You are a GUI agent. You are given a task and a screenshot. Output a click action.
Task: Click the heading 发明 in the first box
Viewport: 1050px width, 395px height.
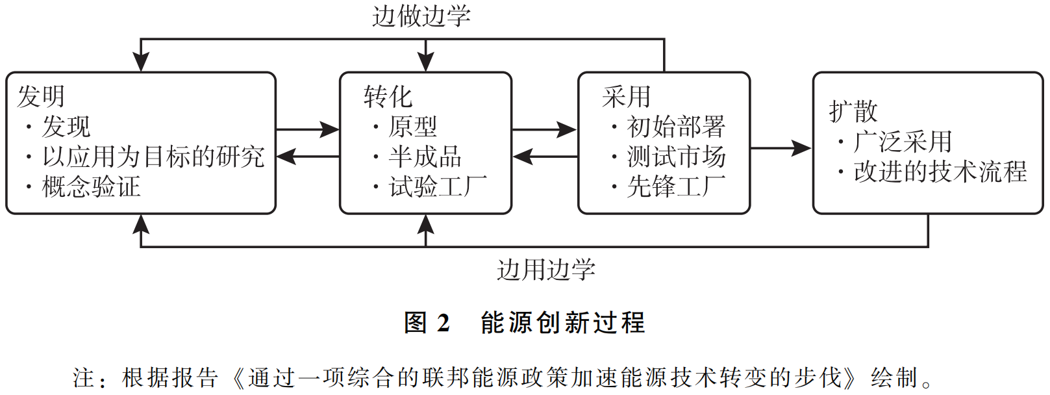point(41,97)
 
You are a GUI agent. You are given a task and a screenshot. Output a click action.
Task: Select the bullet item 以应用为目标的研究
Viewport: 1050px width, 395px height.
point(153,157)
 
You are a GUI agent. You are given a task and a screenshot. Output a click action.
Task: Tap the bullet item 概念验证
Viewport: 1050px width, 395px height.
point(91,187)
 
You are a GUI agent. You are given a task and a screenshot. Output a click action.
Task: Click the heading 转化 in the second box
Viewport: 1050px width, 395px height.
point(388,97)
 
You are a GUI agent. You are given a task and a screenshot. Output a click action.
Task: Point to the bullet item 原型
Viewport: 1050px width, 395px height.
point(413,127)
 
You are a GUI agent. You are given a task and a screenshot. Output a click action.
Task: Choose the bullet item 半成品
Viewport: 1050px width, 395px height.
point(425,157)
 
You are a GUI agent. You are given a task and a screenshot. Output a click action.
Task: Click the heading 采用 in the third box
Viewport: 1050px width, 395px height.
point(626,97)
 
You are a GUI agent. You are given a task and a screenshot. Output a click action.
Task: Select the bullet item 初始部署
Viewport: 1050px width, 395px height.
point(675,127)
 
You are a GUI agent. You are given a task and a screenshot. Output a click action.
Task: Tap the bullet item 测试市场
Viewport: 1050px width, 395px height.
point(675,157)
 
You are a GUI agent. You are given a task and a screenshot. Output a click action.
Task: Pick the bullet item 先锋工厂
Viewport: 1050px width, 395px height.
point(675,187)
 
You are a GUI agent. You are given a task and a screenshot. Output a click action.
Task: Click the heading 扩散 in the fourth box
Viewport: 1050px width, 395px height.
point(853,111)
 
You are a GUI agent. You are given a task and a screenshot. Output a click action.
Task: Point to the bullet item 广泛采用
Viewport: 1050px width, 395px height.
point(903,142)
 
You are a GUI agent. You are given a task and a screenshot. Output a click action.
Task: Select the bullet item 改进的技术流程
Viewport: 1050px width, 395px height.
point(940,172)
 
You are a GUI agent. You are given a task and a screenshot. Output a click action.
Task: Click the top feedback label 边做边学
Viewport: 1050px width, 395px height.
point(421,16)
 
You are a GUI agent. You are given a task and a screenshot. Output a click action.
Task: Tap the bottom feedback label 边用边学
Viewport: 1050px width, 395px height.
point(546,269)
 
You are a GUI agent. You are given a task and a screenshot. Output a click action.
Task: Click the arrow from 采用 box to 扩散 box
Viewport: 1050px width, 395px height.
point(781,148)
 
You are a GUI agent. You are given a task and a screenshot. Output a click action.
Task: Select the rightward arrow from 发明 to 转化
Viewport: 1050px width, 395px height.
point(307,130)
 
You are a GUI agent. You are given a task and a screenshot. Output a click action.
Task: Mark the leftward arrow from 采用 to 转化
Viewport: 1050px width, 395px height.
point(545,157)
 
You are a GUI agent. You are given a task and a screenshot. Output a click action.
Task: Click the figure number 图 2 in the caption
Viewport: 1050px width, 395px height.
point(427,322)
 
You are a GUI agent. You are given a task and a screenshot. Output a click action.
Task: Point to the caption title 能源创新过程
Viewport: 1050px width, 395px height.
point(562,322)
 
